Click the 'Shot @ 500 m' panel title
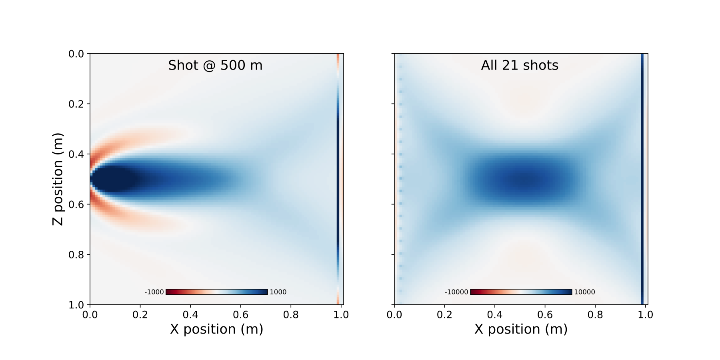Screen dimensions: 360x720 pyautogui.click(x=215, y=65)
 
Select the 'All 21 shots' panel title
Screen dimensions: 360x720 pyautogui.click(x=520, y=65)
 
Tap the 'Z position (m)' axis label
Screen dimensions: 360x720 pyautogui.click(x=58, y=179)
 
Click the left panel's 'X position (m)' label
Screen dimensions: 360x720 pyautogui.click(x=216, y=329)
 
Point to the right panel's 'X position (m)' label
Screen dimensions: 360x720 pyautogui.click(x=521, y=329)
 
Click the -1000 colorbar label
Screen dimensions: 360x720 pyautogui.click(x=154, y=292)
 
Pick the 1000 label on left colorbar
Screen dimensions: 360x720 pyautogui.click(x=278, y=292)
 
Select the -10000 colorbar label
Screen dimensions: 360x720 pyautogui.click(x=456, y=292)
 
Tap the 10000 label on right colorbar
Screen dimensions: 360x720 pyautogui.click(x=584, y=292)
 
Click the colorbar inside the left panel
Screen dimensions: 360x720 pyautogui.click(x=216, y=292)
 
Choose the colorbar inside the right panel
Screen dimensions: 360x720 pyautogui.click(x=521, y=292)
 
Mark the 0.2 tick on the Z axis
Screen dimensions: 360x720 pyautogui.click(x=76, y=104)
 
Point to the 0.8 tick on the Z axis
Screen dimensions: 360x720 pyautogui.click(x=76, y=255)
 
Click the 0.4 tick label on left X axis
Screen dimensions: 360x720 pyautogui.click(x=190, y=315)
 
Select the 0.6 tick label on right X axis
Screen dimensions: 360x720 pyautogui.click(x=545, y=315)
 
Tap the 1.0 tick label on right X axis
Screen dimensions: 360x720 pyautogui.click(x=645, y=315)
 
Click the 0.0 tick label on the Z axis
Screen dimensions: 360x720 pyautogui.click(x=76, y=54)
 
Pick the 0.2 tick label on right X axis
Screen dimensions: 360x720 pyautogui.click(x=444, y=315)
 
